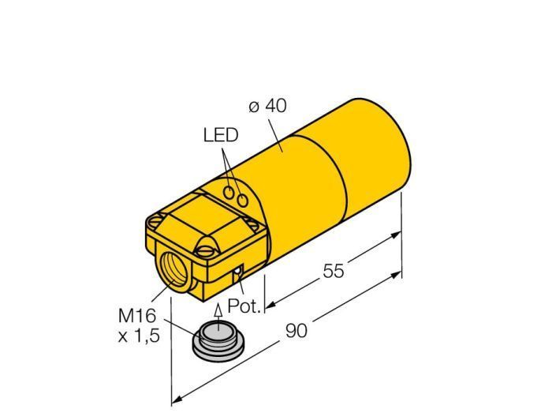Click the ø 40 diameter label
pyautogui.click(x=267, y=106)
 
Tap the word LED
pyautogui.click(x=221, y=135)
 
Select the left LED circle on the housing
pyautogui.click(x=230, y=192)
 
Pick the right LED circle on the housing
pyautogui.click(x=243, y=201)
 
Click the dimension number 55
pyautogui.click(x=333, y=271)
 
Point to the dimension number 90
pyautogui.click(x=297, y=331)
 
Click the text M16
pyautogui.click(x=137, y=316)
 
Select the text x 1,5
pyautogui.click(x=139, y=336)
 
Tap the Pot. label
pyautogui.click(x=244, y=306)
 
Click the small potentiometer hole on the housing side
pyautogui.click(x=238, y=271)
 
